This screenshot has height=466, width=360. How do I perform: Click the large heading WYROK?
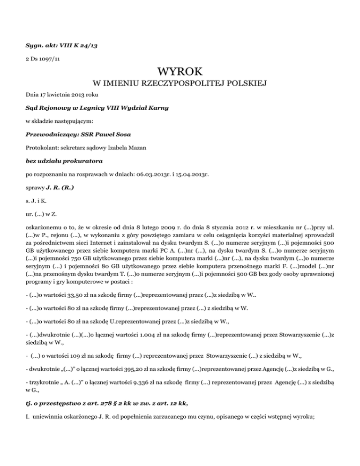tap(180, 72)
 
